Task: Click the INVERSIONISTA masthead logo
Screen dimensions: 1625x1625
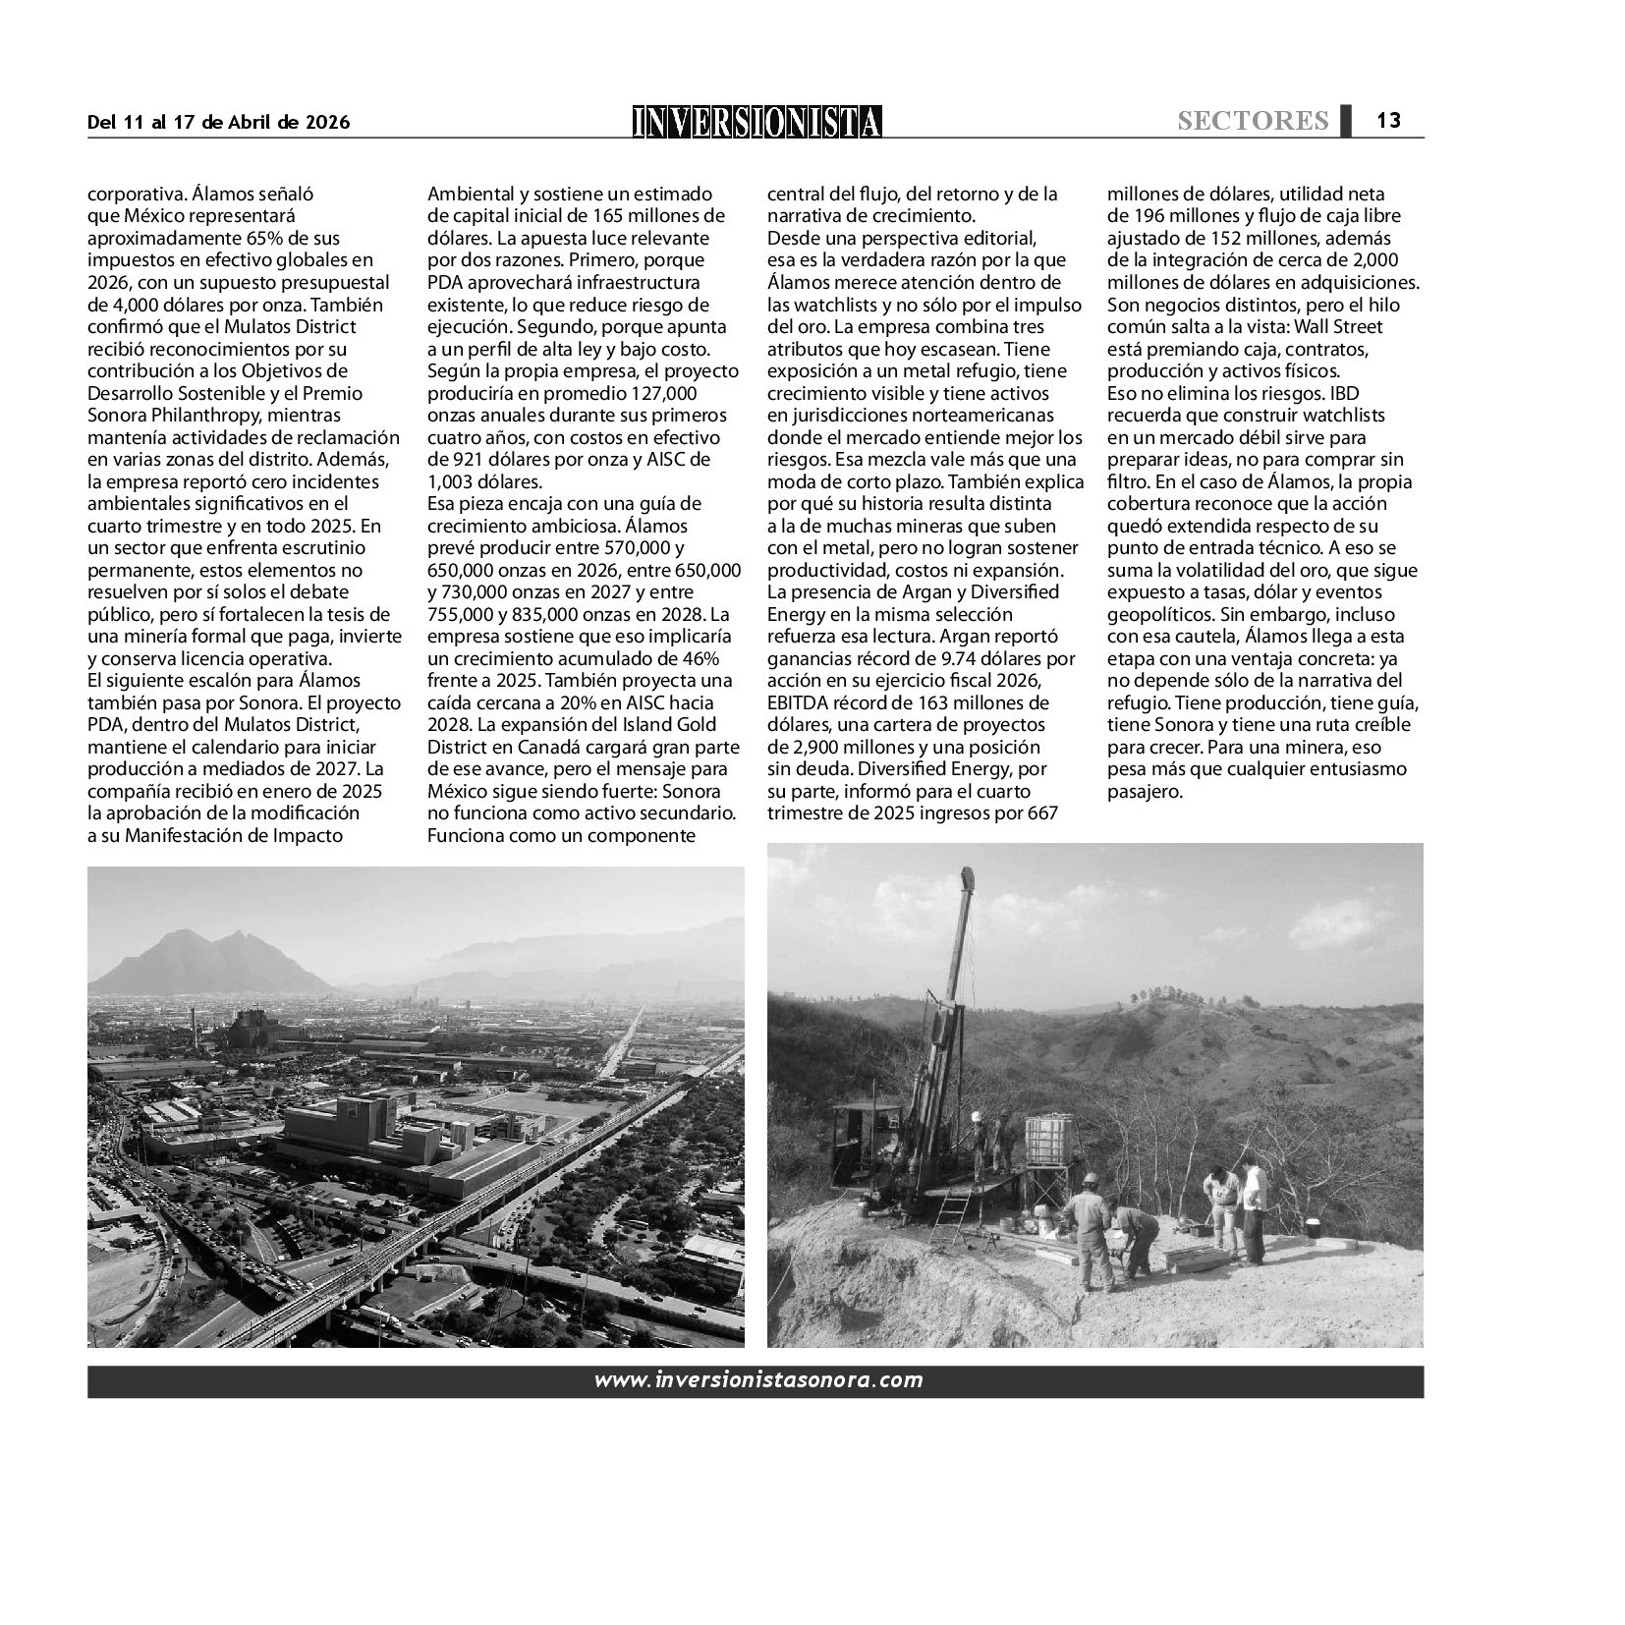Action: click(x=756, y=121)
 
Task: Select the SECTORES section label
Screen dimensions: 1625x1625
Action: click(x=1253, y=121)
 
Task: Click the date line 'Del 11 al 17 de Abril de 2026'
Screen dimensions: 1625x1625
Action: click(x=218, y=122)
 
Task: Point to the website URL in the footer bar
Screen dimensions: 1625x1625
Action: click(x=757, y=1379)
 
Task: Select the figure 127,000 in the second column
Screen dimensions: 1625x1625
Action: click(x=664, y=393)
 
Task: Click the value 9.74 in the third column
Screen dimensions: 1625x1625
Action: click(x=943, y=658)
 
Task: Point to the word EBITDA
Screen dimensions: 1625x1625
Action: click(x=800, y=702)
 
